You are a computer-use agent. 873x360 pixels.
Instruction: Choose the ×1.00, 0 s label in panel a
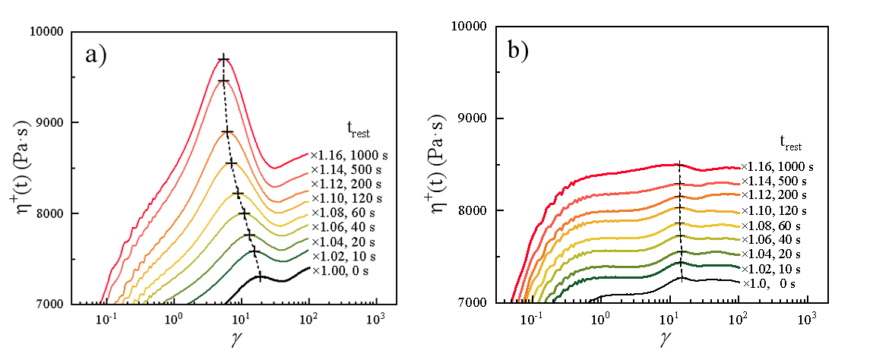(x=342, y=270)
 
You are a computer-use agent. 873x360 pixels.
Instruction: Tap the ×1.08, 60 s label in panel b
(x=771, y=226)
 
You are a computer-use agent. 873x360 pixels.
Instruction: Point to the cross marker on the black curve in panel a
(x=260, y=277)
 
